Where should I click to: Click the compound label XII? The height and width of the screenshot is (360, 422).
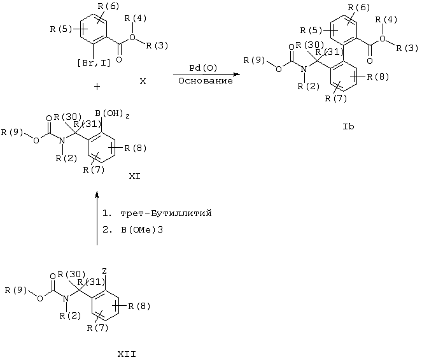pyautogui.click(x=127, y=354)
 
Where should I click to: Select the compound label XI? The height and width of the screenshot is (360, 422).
pyautogui.click(x=134, y=176)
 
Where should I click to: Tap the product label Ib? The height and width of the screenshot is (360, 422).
pyautogui.click(x=348, y=127)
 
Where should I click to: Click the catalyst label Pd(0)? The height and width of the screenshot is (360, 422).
pyautogui.click(x=203, y=68)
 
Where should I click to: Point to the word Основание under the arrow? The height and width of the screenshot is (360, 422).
pyautogui.click(x=206, y=81)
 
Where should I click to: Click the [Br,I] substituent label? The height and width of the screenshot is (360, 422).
pyautogui.click(x=94, y=63)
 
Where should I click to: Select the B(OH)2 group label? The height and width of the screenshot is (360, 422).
pyautogui.click(x=112, y=113)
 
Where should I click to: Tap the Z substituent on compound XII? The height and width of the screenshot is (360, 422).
pyautogui.click(x=104, y=271)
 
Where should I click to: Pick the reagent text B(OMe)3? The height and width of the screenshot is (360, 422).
pyautogui.click(x=142, y=230)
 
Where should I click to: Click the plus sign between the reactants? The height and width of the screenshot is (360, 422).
pyautogui.click(x=97, y=87)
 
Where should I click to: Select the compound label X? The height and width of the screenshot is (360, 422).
pyautogui.click(x=143, y=82)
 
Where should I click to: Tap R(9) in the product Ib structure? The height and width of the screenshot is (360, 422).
pyautogui.click(x=255, y=61)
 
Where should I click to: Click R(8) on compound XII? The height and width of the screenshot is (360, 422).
pyautogui.click(x=139, y=306)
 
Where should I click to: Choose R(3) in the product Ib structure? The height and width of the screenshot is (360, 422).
pyautogui.click(x=407, y=48)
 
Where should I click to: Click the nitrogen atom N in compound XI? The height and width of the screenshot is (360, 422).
pyautogui.click(x=62, y=140)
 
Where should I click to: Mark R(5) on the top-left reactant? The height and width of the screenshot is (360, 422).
pyautogui.click(x=61, y=29)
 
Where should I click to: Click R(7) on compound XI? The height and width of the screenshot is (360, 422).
pyautogui.click(x=94, y=170)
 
